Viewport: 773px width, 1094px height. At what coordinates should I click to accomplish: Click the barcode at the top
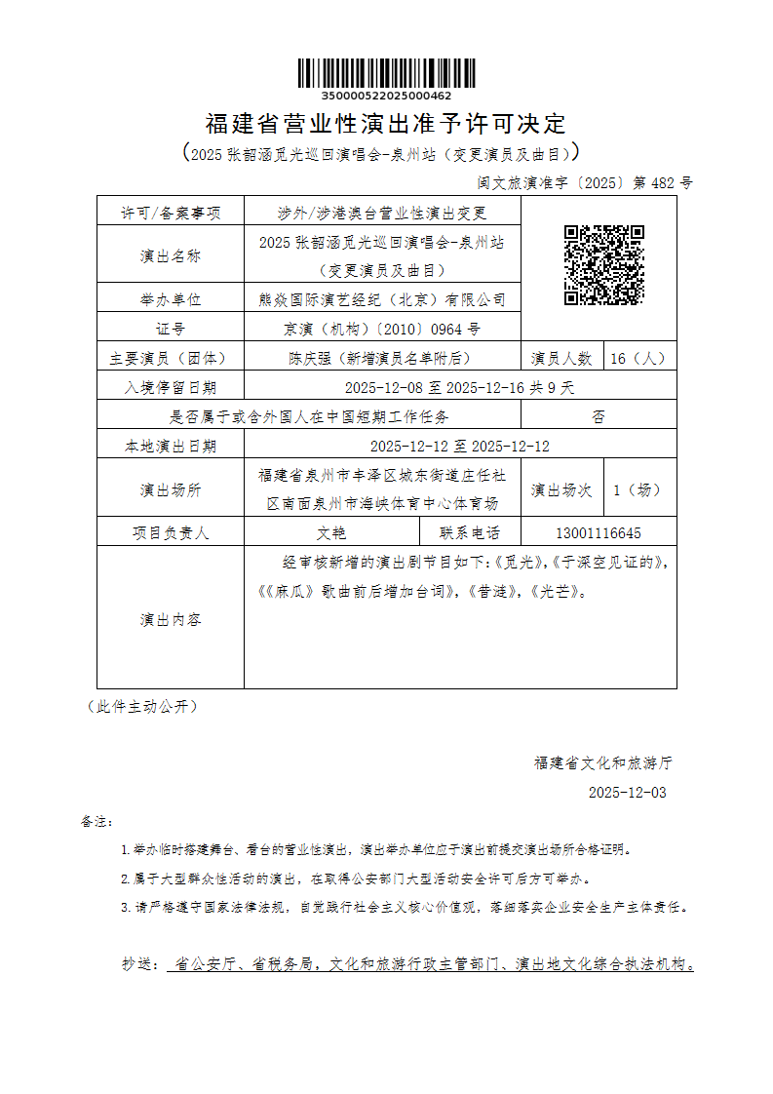coord(386,74)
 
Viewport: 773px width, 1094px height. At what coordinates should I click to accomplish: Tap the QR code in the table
coord(604,265)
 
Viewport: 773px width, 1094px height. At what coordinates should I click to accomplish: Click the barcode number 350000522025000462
coord(386,96)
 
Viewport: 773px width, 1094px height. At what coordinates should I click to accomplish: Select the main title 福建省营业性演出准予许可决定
coord(386,125)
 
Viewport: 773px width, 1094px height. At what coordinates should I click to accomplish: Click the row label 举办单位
coord(171,299)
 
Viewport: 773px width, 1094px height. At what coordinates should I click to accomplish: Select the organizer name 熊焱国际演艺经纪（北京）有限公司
coord(383,299)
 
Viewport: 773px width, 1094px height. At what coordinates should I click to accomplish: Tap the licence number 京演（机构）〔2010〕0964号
coord(383,329)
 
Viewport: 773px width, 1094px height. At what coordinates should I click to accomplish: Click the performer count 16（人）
coord(638,358)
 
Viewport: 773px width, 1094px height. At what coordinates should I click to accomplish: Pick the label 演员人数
coord(561,358)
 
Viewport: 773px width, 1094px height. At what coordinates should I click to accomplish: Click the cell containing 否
coord(599,416)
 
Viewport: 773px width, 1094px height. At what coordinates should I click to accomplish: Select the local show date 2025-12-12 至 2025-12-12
coord(460,446)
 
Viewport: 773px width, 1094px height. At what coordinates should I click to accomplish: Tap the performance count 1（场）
coord(638,489)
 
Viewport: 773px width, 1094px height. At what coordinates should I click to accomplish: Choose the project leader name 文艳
coord(332,533)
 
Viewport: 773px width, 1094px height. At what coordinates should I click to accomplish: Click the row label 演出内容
coord(171,619)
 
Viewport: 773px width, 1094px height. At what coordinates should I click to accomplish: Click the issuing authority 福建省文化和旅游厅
coord(603,762)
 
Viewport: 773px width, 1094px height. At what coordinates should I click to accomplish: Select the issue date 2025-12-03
coord(628,793)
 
